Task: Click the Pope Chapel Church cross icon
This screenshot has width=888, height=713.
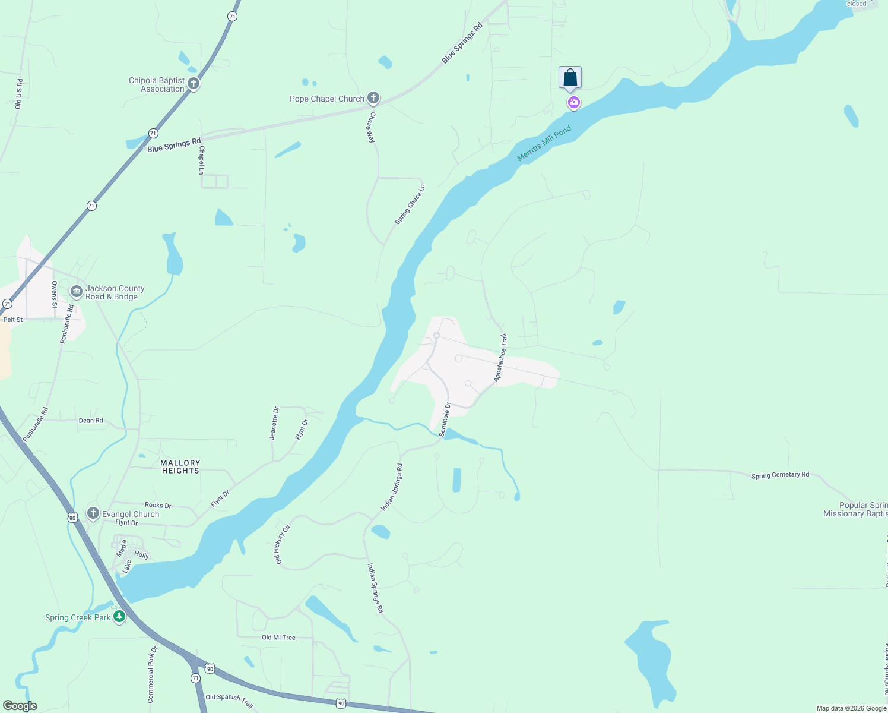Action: pos(373,97)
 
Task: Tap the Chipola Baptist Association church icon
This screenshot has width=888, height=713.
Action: pos(193,84)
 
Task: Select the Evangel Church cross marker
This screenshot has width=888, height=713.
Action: pos(93,513)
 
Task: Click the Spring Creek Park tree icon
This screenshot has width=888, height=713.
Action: pos(119,617)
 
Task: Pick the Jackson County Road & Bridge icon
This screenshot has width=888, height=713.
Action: pos(77,292)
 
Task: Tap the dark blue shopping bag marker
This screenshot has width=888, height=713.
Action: pos(570,78)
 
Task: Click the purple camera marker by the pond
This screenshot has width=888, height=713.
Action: pos(573,103)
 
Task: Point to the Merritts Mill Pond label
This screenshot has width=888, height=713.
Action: pos(544,143)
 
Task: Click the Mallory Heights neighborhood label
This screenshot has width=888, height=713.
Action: pos(180,466)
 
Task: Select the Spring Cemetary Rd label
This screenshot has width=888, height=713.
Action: pos(780,475)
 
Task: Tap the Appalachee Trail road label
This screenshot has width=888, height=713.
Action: pos(501,358)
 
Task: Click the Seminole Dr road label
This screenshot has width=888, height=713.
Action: pos(445,419)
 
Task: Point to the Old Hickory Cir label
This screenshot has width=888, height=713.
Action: pos(282,544)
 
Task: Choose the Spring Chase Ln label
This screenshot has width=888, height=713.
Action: pos(410,204)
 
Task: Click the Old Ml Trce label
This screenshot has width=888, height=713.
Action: pos(278,638)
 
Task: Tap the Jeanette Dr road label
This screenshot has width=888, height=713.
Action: pos(274,423)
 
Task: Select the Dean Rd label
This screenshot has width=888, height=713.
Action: pos(91,421)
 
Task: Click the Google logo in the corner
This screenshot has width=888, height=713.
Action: pos(20,706)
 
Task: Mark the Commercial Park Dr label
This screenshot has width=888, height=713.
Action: pos(151,674)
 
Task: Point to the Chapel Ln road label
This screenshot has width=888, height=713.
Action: pos(202,160)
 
